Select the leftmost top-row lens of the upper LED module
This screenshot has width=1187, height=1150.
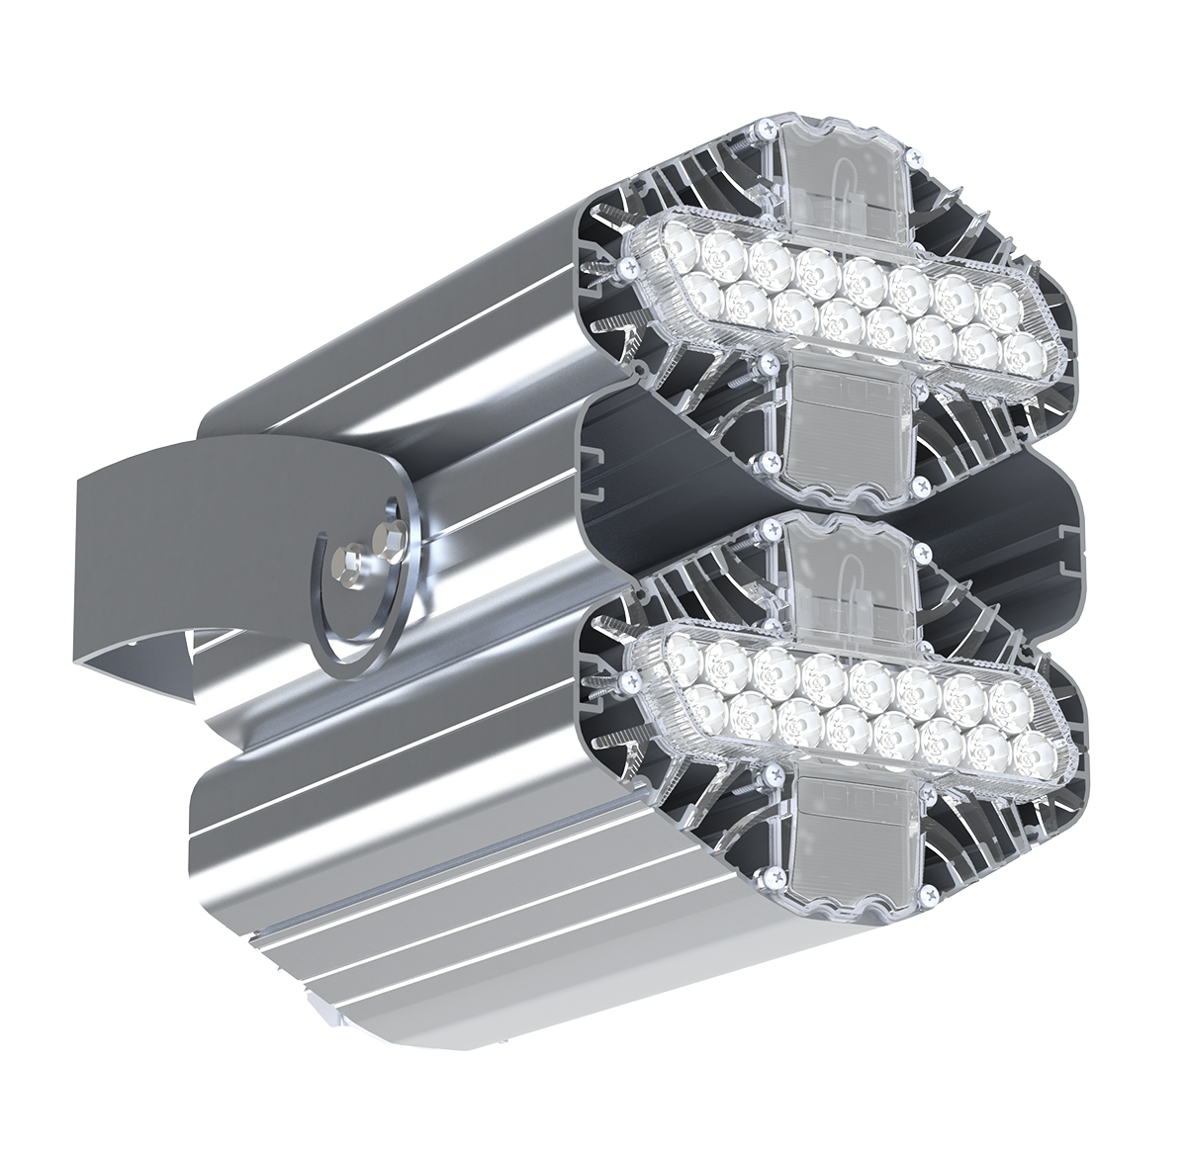coord(679,240)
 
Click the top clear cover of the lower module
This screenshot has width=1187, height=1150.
coord(841,574)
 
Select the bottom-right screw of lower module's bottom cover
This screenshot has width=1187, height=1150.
coord(930,895)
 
